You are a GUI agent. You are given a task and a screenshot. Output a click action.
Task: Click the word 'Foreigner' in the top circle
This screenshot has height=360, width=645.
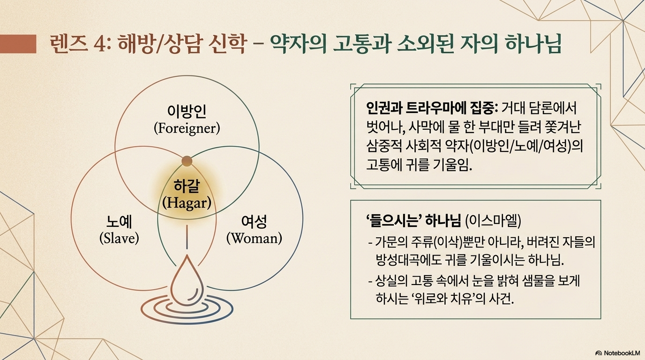(187, 128)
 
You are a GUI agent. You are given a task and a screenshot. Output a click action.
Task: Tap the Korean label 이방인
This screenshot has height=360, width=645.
(187, 112)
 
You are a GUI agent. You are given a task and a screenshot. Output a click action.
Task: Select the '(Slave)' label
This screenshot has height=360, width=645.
(119, 239)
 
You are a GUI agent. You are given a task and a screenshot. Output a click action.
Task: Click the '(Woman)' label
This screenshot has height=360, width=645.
(254, 239)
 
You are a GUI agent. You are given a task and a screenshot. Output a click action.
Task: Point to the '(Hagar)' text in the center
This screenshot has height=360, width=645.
(187, 203)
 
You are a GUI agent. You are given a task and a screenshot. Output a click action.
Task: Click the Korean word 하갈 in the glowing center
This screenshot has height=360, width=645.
(187, 186)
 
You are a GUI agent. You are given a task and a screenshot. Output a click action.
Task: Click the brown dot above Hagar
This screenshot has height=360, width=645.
(187, 161)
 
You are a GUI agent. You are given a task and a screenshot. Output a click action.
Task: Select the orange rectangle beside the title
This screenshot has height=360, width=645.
(18, 44)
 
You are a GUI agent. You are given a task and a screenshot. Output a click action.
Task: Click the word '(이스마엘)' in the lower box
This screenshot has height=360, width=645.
(493, 221)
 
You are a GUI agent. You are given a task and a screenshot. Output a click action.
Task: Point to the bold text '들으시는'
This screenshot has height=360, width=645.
(395, 221)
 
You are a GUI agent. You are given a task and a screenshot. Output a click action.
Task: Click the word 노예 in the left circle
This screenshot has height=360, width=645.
(119, 221)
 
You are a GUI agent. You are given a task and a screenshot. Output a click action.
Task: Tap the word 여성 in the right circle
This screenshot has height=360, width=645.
(254, 221)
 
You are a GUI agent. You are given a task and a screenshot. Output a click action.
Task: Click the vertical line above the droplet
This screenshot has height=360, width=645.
(187, 237)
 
